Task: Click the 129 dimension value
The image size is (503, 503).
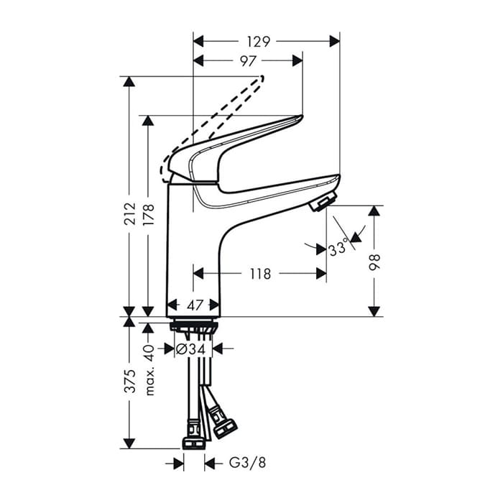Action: click(x=259, y=42)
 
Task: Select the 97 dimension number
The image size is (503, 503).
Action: click(x=249, y=60)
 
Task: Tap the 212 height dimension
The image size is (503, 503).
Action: click(x=130, y=213)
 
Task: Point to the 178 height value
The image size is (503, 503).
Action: click(x=149, y=214)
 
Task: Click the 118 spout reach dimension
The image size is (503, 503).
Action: click(x=260, y=274)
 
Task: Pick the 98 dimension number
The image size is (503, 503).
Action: click(x=374, y=262)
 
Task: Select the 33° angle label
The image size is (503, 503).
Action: click(x=338, y=248)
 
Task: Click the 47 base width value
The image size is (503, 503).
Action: click(x=195, y=305)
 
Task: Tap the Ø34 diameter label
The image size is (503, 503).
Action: click(x=190, y=349)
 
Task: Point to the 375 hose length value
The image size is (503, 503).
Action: click(x=130, y=381)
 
